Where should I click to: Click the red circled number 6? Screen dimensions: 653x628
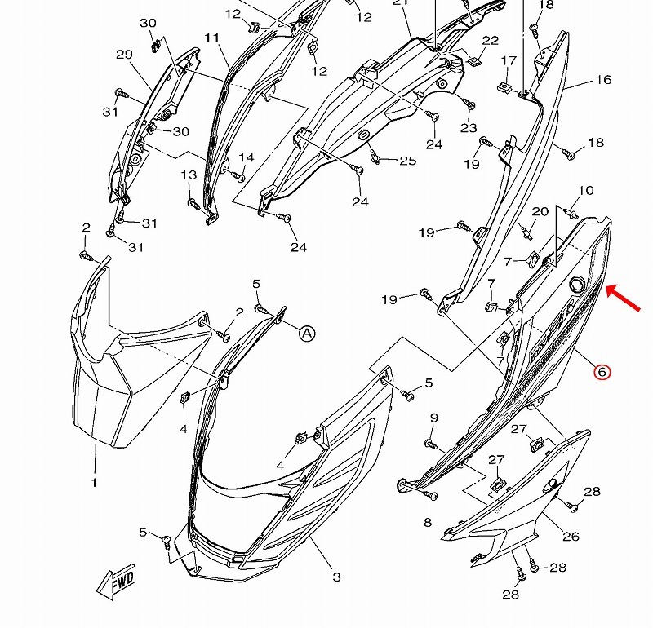(602, 371)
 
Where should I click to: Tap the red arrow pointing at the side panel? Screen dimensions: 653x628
(623, 297)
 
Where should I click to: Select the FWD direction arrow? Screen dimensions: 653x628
(117, 582)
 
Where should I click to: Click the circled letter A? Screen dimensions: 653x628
(307, 333)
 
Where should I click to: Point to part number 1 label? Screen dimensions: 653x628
(94, 482)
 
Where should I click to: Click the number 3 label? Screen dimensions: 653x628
(336, 577)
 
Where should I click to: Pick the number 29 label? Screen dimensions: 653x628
(124, 55)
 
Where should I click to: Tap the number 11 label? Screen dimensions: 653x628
(212, 38)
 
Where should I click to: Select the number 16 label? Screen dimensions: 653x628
(604, 79)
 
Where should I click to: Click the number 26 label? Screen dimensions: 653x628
(571, 536)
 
